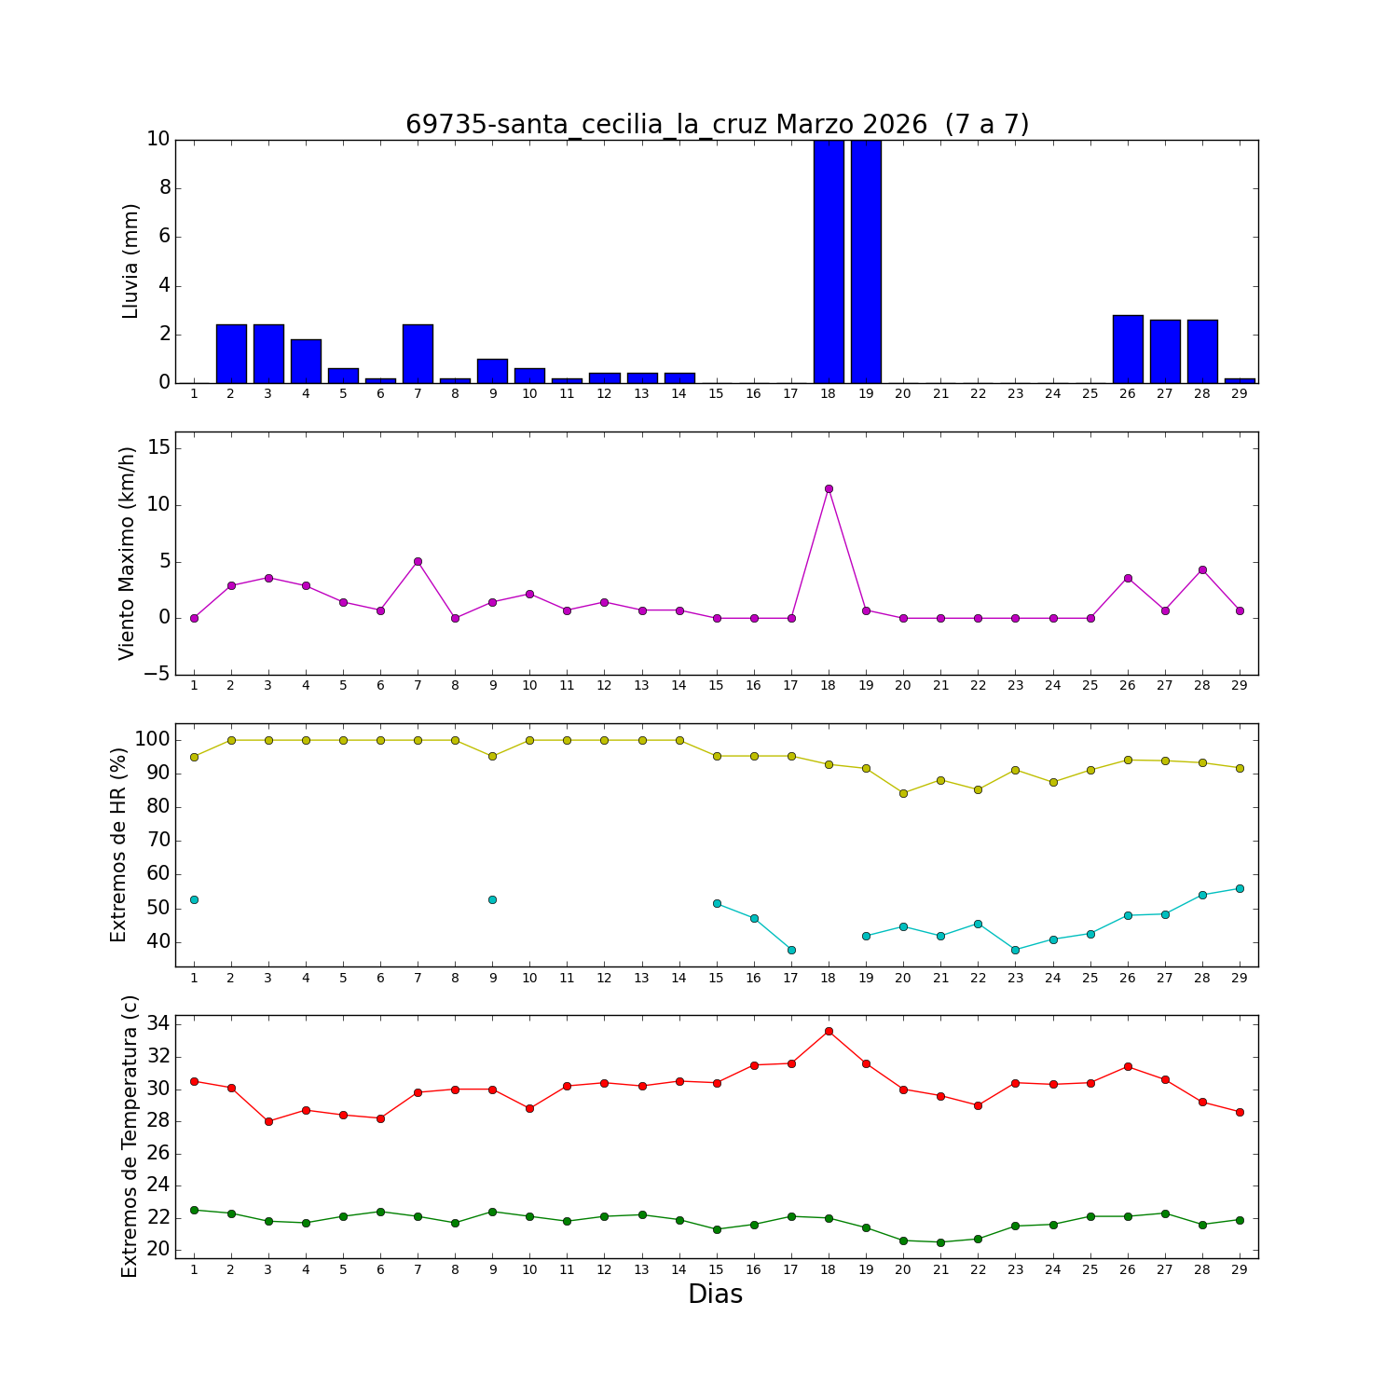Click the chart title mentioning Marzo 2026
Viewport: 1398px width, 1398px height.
(717, 125)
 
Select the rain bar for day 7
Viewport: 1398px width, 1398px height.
(418, 354)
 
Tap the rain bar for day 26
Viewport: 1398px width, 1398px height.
(1128, 349)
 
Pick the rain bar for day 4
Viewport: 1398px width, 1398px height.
(306, 362)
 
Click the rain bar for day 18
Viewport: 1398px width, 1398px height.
(829, 261)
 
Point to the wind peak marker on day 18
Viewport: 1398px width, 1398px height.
(829, 488)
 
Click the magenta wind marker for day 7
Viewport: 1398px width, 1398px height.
(418, 561)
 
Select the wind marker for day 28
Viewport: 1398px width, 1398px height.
(1202, 569)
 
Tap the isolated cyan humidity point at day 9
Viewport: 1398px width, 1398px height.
(492, 899)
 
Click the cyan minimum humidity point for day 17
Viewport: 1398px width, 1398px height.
(791, 950)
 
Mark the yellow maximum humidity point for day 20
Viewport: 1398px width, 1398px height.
(903, 793)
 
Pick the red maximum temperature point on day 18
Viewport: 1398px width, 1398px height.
(829, 1031)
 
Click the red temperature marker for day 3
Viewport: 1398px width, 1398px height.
(268, 1121)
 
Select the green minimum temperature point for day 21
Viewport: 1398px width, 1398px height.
(940, 1242)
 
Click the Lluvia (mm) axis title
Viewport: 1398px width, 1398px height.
(130, 261)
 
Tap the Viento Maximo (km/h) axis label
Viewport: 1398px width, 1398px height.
(128, 554)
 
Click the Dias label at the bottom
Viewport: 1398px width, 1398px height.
(715, 1294)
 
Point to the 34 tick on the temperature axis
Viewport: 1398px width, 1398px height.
(158, 1024)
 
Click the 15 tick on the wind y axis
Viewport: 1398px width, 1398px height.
(159, 448)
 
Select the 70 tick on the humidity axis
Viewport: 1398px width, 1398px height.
(158, 841)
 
